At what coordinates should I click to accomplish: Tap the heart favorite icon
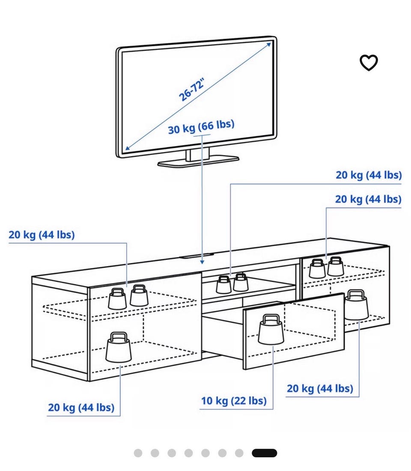pyautogui.click(x=369, y=63)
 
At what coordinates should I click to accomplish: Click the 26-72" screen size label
pyautogui.click(x=191, y=89)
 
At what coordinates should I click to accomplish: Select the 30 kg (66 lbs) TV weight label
pyautogui.click(x=201, y=127)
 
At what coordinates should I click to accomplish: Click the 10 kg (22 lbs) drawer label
pyautogui.click(x=234, y=401)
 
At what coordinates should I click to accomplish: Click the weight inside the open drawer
pyautogui.click(x=271, y=329)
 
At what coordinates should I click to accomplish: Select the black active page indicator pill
pyautogui.click(x=265, y=453)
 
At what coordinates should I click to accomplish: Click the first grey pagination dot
pyautogui.click(x=138, y=453)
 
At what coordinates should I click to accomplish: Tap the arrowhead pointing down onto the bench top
pyautogui.click(x=202, y=262)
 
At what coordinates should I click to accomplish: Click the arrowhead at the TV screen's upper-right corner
pyautogui.click(x=268, y=45)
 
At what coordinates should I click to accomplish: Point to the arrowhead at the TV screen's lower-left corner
pyautogui.click(x=128, y=147)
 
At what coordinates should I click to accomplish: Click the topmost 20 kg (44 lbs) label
pyautogui.click(x=369, y=175)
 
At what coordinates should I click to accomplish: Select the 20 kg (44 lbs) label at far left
pyautogui.click(x=42, y=235)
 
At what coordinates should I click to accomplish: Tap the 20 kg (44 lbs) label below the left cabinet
pyautogui.click(x=81, y=408)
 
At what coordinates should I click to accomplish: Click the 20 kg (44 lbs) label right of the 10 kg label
pyautogui.click(x=320, y=388)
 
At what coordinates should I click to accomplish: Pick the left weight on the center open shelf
pyautogui.click(x=223, y=285)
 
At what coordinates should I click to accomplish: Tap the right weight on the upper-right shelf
pyautogui.click(x=336, y=266)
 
